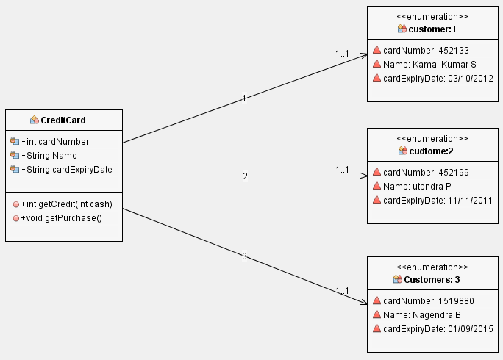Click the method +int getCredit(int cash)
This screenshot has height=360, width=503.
(71, 204)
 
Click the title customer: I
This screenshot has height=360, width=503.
(432, 29)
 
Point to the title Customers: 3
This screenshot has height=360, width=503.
(432, 279)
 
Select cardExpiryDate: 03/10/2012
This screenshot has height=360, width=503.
(438, 78)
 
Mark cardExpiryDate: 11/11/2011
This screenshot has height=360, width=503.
(438, 200)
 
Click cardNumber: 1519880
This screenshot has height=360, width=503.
(423, 300)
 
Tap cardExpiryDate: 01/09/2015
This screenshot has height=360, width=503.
(438, 328)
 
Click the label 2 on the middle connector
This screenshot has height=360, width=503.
(246, 176)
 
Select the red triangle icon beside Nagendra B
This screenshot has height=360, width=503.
(377, 314)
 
